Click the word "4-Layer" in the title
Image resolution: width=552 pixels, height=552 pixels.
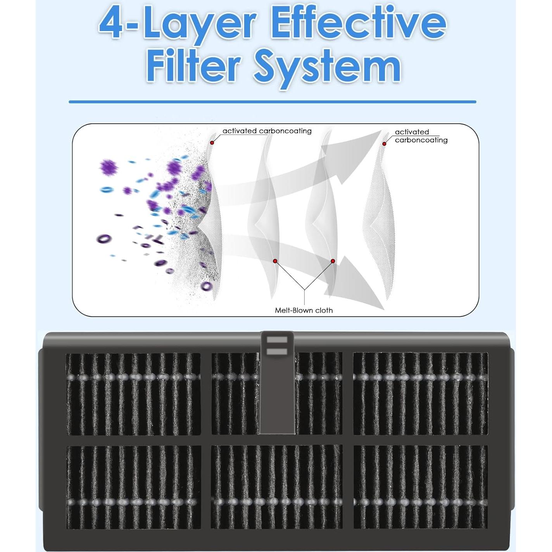177,25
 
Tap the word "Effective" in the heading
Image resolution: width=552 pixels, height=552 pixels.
358,24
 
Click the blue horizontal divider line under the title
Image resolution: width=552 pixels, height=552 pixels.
272,102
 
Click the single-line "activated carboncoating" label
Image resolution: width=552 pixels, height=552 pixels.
267,131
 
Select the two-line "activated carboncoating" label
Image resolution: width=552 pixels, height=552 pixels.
421,136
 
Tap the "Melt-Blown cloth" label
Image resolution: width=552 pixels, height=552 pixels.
304,310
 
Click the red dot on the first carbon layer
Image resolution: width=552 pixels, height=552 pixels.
212,142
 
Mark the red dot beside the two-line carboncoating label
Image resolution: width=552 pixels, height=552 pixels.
385,144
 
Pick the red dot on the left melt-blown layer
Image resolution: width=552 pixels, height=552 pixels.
275,261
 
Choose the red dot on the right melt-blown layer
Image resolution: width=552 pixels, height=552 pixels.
333,261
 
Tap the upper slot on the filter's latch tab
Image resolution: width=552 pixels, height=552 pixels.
277,340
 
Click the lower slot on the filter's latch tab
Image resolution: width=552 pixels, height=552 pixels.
277,352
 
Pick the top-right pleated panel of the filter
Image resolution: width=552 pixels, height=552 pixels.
421,393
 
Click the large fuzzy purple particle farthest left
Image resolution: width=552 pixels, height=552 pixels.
109,167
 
